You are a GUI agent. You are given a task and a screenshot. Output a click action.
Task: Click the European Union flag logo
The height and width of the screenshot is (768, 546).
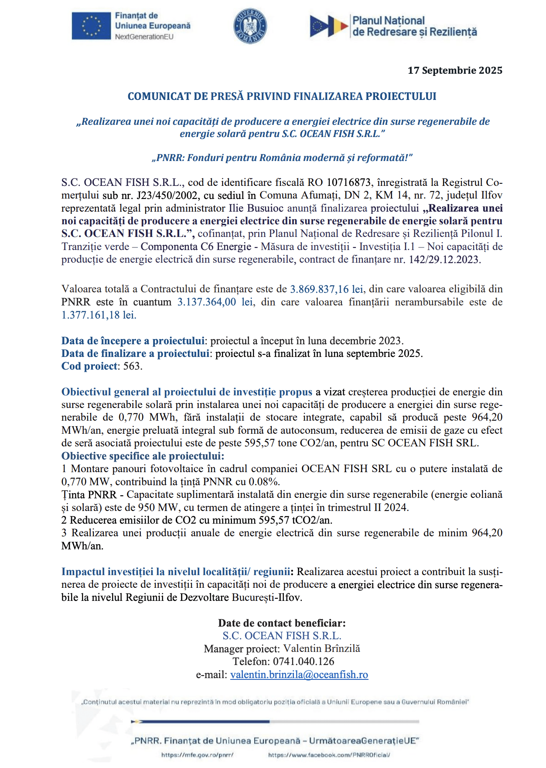coord(91,26)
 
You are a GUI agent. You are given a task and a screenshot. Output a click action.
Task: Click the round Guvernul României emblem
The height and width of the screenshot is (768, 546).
coord(250,26)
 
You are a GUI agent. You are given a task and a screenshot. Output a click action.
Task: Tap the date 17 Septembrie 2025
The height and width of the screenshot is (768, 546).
coord(455,71)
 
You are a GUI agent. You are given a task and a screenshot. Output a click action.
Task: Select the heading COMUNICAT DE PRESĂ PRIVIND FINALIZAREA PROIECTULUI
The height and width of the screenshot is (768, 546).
coord(282,96)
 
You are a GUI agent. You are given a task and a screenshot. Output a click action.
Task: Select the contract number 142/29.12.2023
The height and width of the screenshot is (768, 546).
coord(444,260)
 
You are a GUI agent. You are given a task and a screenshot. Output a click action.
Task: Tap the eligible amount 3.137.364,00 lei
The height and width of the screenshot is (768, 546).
coord(215,302)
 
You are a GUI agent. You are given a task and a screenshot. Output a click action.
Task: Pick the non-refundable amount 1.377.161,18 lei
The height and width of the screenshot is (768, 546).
coord(99,315)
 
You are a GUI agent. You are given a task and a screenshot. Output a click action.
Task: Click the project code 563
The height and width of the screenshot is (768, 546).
coord(132,366)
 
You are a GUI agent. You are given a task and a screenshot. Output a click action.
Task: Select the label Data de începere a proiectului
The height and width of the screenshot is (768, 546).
coord(133,341)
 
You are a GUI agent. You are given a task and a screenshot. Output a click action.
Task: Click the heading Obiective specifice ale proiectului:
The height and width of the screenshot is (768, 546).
coord(143,456)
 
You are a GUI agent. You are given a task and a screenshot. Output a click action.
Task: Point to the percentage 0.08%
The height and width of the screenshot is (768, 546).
coord(264,482)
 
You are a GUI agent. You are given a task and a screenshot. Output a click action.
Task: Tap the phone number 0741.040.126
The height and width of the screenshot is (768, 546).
coord(304,662)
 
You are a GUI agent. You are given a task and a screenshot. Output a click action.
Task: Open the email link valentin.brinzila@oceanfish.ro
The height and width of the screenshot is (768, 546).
coord(299,675)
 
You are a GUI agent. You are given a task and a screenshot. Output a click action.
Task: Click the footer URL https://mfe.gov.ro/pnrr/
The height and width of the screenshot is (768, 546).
coord(198,755)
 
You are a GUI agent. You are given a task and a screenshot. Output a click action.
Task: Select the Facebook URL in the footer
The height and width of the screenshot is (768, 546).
coord(329,755)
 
